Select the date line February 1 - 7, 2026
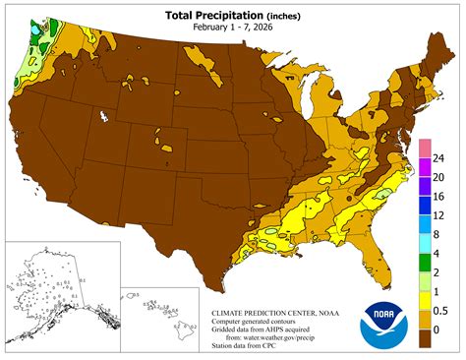[232, 29]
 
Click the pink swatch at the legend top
[423, 150]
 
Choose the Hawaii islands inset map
[157, 310]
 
